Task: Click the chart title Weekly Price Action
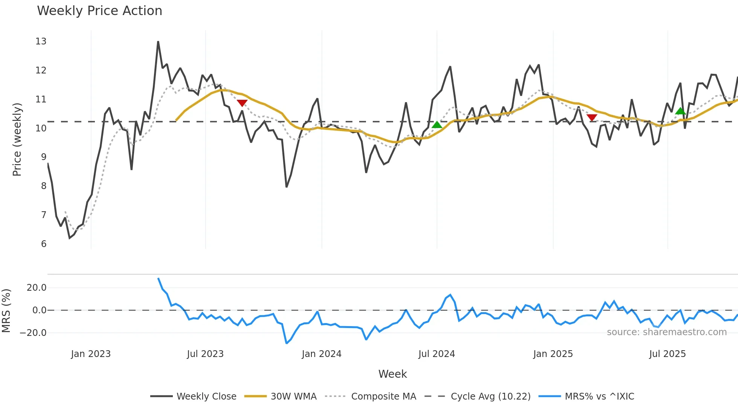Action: coord(99,11)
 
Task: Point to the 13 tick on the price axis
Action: coord(41,41)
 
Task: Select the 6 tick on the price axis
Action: coord(44,244)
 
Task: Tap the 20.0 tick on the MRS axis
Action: coord(37,288)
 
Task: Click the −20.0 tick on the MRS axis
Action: coord(33,333)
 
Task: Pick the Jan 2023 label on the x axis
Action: coord(91,354)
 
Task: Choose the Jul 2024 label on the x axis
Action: coord(436,354)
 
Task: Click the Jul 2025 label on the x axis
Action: coord(667,354)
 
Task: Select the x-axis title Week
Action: coord(392,374)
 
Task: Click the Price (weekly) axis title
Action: coord(17,139)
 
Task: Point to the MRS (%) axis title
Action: coord(6,311)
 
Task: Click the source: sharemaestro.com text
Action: coord(666,332)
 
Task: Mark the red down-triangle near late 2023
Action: coord(242,103)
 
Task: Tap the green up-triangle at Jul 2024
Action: coord(437,125)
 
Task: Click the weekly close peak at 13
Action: coord(158,42)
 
